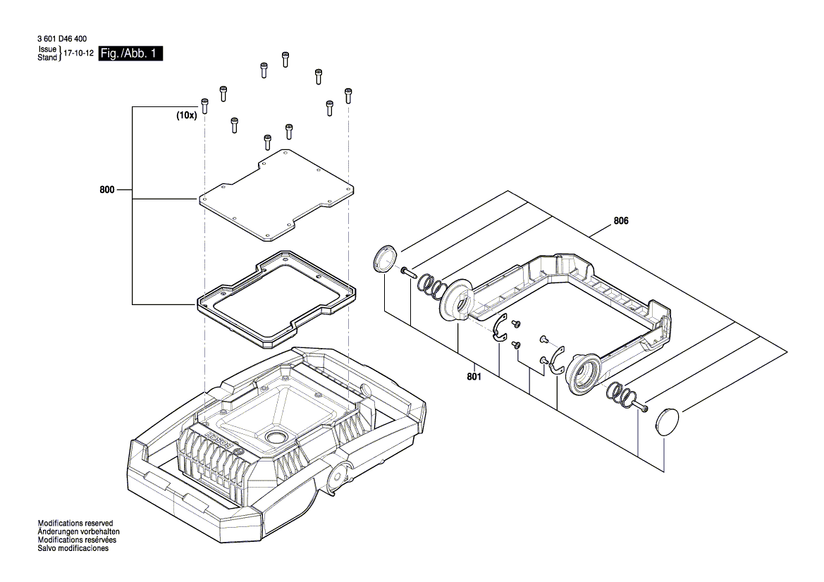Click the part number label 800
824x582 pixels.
click(x=107, y=190)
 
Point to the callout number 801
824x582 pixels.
click(x=474, y=377)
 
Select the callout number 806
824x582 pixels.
click(x=621, y=221)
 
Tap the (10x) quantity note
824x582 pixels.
click(x=186, y=116)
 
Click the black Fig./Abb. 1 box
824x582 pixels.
click(x=130, y=54)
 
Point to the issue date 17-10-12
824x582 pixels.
click(x=78, y=54)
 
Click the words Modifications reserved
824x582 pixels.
click(x=75, y=524)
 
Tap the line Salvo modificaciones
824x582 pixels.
click(x=73, y=548)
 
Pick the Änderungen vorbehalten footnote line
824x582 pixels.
click(x=78, y=532)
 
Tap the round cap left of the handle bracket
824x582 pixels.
click(x=385, y=259)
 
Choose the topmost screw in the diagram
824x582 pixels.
click(x=285, y=58)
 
